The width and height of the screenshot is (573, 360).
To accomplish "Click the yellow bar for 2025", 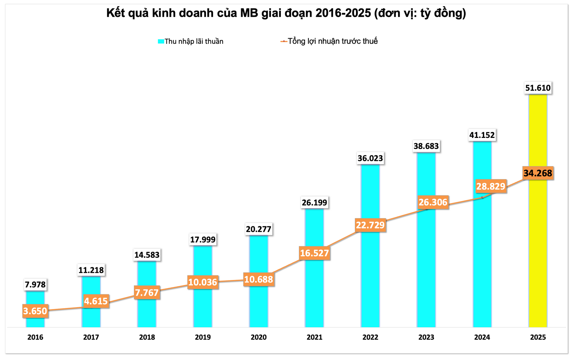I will (538, 245).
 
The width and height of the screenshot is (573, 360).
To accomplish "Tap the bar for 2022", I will (370, 269).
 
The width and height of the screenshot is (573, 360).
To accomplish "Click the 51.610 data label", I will (538, 88).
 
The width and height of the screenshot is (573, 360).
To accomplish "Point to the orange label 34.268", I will (538, 173).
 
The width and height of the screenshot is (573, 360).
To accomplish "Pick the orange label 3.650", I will (35, 311).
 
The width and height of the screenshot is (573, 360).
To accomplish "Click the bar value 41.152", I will (482, 135).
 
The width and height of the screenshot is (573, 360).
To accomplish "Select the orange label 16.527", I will (314, 253).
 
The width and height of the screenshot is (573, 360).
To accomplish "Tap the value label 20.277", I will (258, 229).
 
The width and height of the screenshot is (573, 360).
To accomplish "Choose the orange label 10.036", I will (203, 282).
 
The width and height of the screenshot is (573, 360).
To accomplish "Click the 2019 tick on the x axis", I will (203, 337).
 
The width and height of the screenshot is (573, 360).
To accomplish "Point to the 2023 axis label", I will (426, 337).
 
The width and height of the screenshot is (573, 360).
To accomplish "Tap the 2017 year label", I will (91, 337).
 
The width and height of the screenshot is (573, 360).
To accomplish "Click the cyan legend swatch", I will (161, 41).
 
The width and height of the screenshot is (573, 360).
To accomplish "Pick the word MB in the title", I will (249, 13).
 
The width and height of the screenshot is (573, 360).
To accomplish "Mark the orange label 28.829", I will (491, 186).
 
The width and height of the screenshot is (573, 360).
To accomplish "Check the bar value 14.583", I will (147, 255).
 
